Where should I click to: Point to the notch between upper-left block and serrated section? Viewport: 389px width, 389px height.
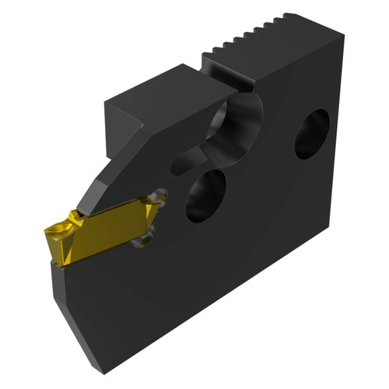204,74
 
